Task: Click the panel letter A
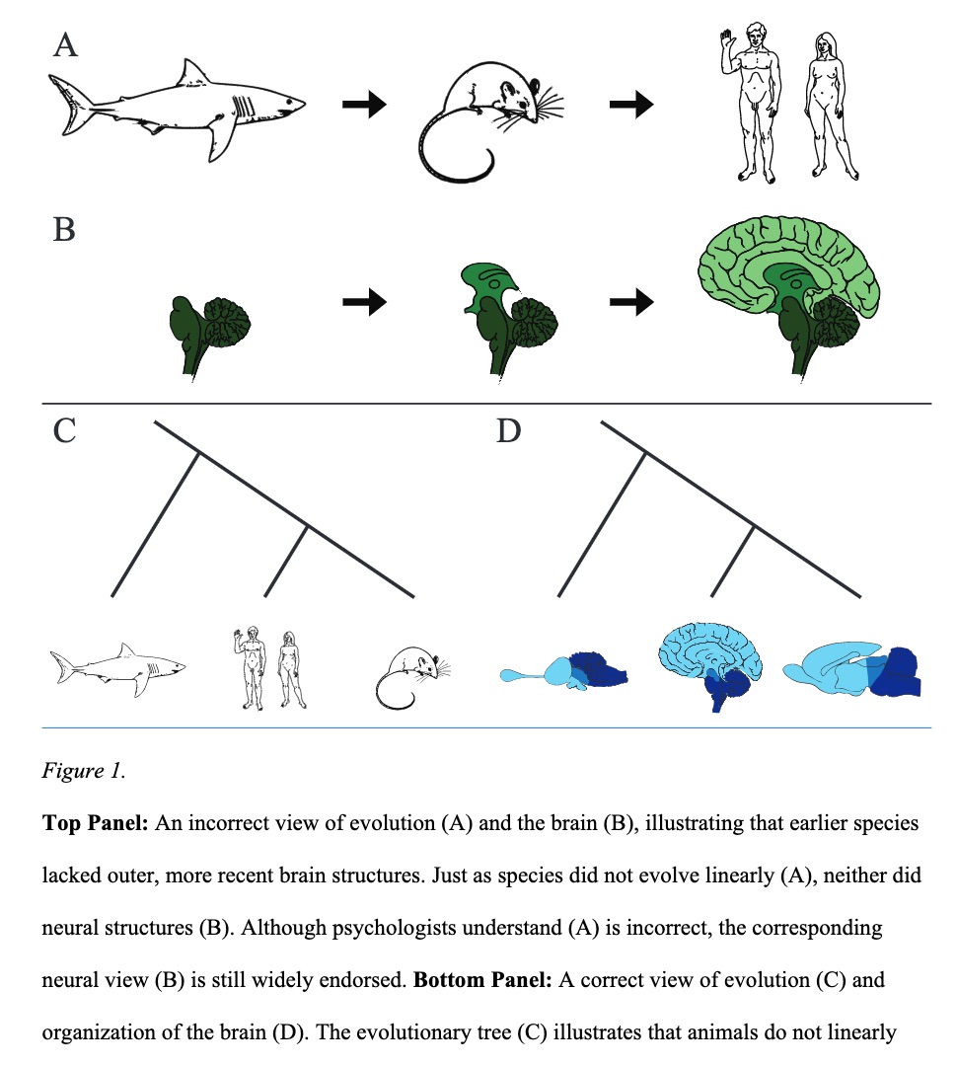point(65,45)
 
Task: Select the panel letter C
point(64,431)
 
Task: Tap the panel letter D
point(508,431)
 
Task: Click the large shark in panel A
point(178,107)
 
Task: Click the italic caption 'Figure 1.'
point(83,771)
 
